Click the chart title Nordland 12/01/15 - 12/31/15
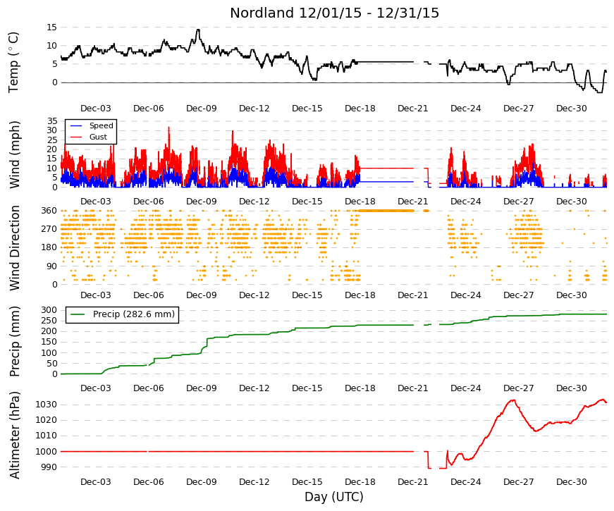pyautogui.click(x=334, y=13)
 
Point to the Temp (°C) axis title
pyautogui.click(x=13, y=63)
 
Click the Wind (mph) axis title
pyautogui.click(x=15, y=154)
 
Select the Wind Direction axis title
pyautogui.click(x=15, y=248)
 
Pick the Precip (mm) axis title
pyautogui.click(x=15, y=341)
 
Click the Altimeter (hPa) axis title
pyautogui.click(x=15, y=435)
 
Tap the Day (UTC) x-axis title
pyautogui.click(x=334, y=497)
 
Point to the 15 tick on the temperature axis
pyautogui.click(x=51, y=27)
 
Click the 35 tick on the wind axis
pyautogui.click(x=52, y=121)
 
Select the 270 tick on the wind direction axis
pyautogui.click(x=49, y=229)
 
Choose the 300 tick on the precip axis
pyautogui.click(x=49, y=310)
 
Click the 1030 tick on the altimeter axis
pyautogui.click(x=47, y=405)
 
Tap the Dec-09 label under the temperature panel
pyautogui.click(x=202, y=109)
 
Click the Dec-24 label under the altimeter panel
pyautogui.click(x=465, y=482)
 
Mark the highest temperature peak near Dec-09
pyautogui.click(x=198, y=30)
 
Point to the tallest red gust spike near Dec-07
pyautogui.click(x=169, y=128)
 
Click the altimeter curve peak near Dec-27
pyautogui.click(x=512, y=400)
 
